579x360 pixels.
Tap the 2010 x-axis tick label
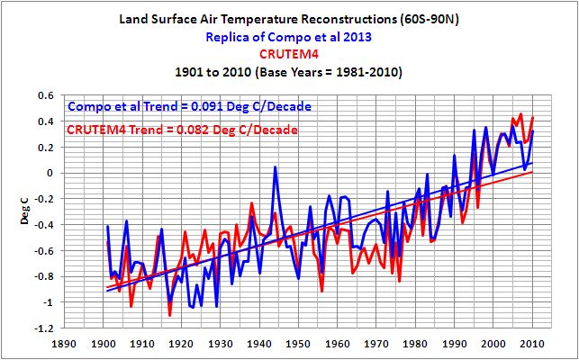[x=532, y=343]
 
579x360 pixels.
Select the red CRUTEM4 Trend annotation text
[x=181, y=131]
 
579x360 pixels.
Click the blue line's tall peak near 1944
[x=275, y=167]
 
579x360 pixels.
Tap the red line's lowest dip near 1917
[x=170, y=316]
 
